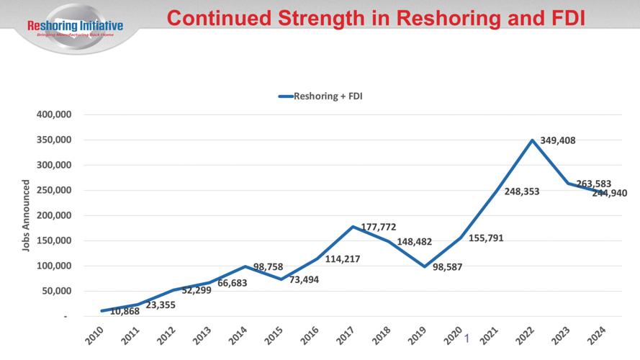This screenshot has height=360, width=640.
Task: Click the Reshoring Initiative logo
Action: (x=74, y=27)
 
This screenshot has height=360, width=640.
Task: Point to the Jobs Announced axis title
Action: (x=26, y=215)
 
